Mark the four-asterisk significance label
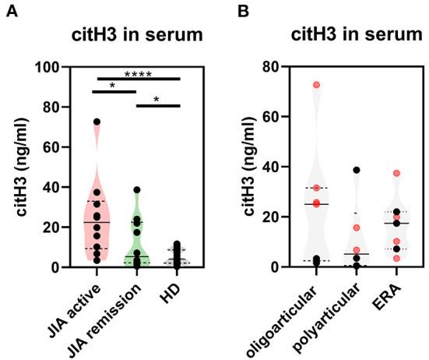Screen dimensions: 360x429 136,74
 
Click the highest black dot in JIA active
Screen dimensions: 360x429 97,122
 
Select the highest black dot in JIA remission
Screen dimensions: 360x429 136,189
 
